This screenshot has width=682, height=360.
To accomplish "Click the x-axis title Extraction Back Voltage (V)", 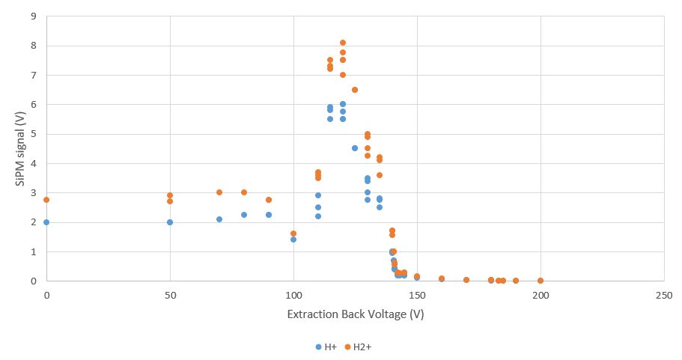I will tap(356, 314).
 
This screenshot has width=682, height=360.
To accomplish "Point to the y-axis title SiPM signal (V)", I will tap(20, 148).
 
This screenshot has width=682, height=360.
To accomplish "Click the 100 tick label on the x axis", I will tap(293, 295).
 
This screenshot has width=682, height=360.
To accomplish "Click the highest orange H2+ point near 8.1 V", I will tap(343, 43).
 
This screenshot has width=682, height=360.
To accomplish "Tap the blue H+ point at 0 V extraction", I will tap(46, 222).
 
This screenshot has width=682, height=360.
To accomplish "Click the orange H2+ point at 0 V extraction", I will tap(46, 200).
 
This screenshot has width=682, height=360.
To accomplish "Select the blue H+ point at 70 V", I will tap(219, 219).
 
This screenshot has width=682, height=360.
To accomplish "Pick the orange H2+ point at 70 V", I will tap(219, 192).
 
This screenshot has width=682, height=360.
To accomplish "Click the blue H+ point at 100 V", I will tap(293, 240).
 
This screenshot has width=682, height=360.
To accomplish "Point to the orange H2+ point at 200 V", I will tap(541, 281).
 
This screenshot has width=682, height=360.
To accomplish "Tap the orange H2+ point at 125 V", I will tap(355, 90).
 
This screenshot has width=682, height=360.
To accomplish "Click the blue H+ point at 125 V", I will tap(355, 148).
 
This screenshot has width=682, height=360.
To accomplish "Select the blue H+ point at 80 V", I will tap(244, 215).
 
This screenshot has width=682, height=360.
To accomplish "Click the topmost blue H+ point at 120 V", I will tap(343, 104).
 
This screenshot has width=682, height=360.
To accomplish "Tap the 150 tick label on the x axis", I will tap(417, 295).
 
